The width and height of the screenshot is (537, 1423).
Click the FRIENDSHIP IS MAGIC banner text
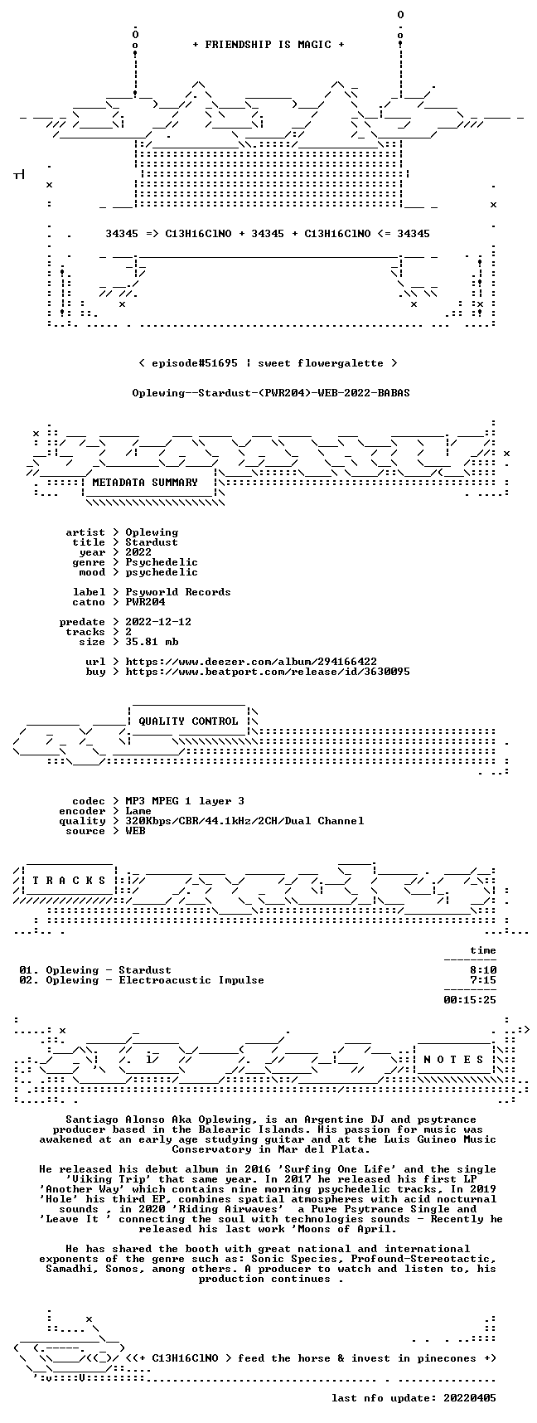click(268, 45)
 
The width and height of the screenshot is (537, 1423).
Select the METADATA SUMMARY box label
click(145, 483)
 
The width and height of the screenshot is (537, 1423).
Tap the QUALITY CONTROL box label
click(188, 721)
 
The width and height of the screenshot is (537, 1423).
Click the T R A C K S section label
click(69, 881)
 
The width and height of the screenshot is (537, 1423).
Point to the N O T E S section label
click(453, 1060)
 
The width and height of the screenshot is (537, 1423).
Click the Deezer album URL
click(251, 662)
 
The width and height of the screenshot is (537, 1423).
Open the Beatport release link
click(268, 672)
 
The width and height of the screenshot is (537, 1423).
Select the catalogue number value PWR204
click(145, 602)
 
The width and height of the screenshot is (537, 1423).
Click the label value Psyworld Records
click(178, 592)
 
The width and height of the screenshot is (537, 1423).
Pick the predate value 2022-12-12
click(158, 622)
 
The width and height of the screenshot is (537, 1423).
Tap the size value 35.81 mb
click(152, 642)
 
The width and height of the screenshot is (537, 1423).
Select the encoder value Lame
click(138, 811)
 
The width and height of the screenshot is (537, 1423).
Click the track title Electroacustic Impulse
click(191, 980)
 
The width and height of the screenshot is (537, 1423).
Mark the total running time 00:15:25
click(470, 1000)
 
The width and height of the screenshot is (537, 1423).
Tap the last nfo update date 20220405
click(470, 1398)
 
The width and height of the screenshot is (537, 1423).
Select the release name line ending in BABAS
click(271, 393)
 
